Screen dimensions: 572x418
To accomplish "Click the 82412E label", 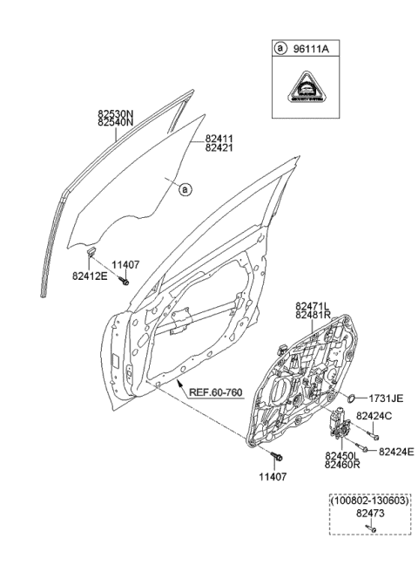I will (90, 276).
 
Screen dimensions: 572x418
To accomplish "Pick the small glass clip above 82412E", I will (91, 254).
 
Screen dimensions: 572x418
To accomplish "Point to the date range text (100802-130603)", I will (368, 502).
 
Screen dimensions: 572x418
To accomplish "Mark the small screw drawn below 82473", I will (369, 528).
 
